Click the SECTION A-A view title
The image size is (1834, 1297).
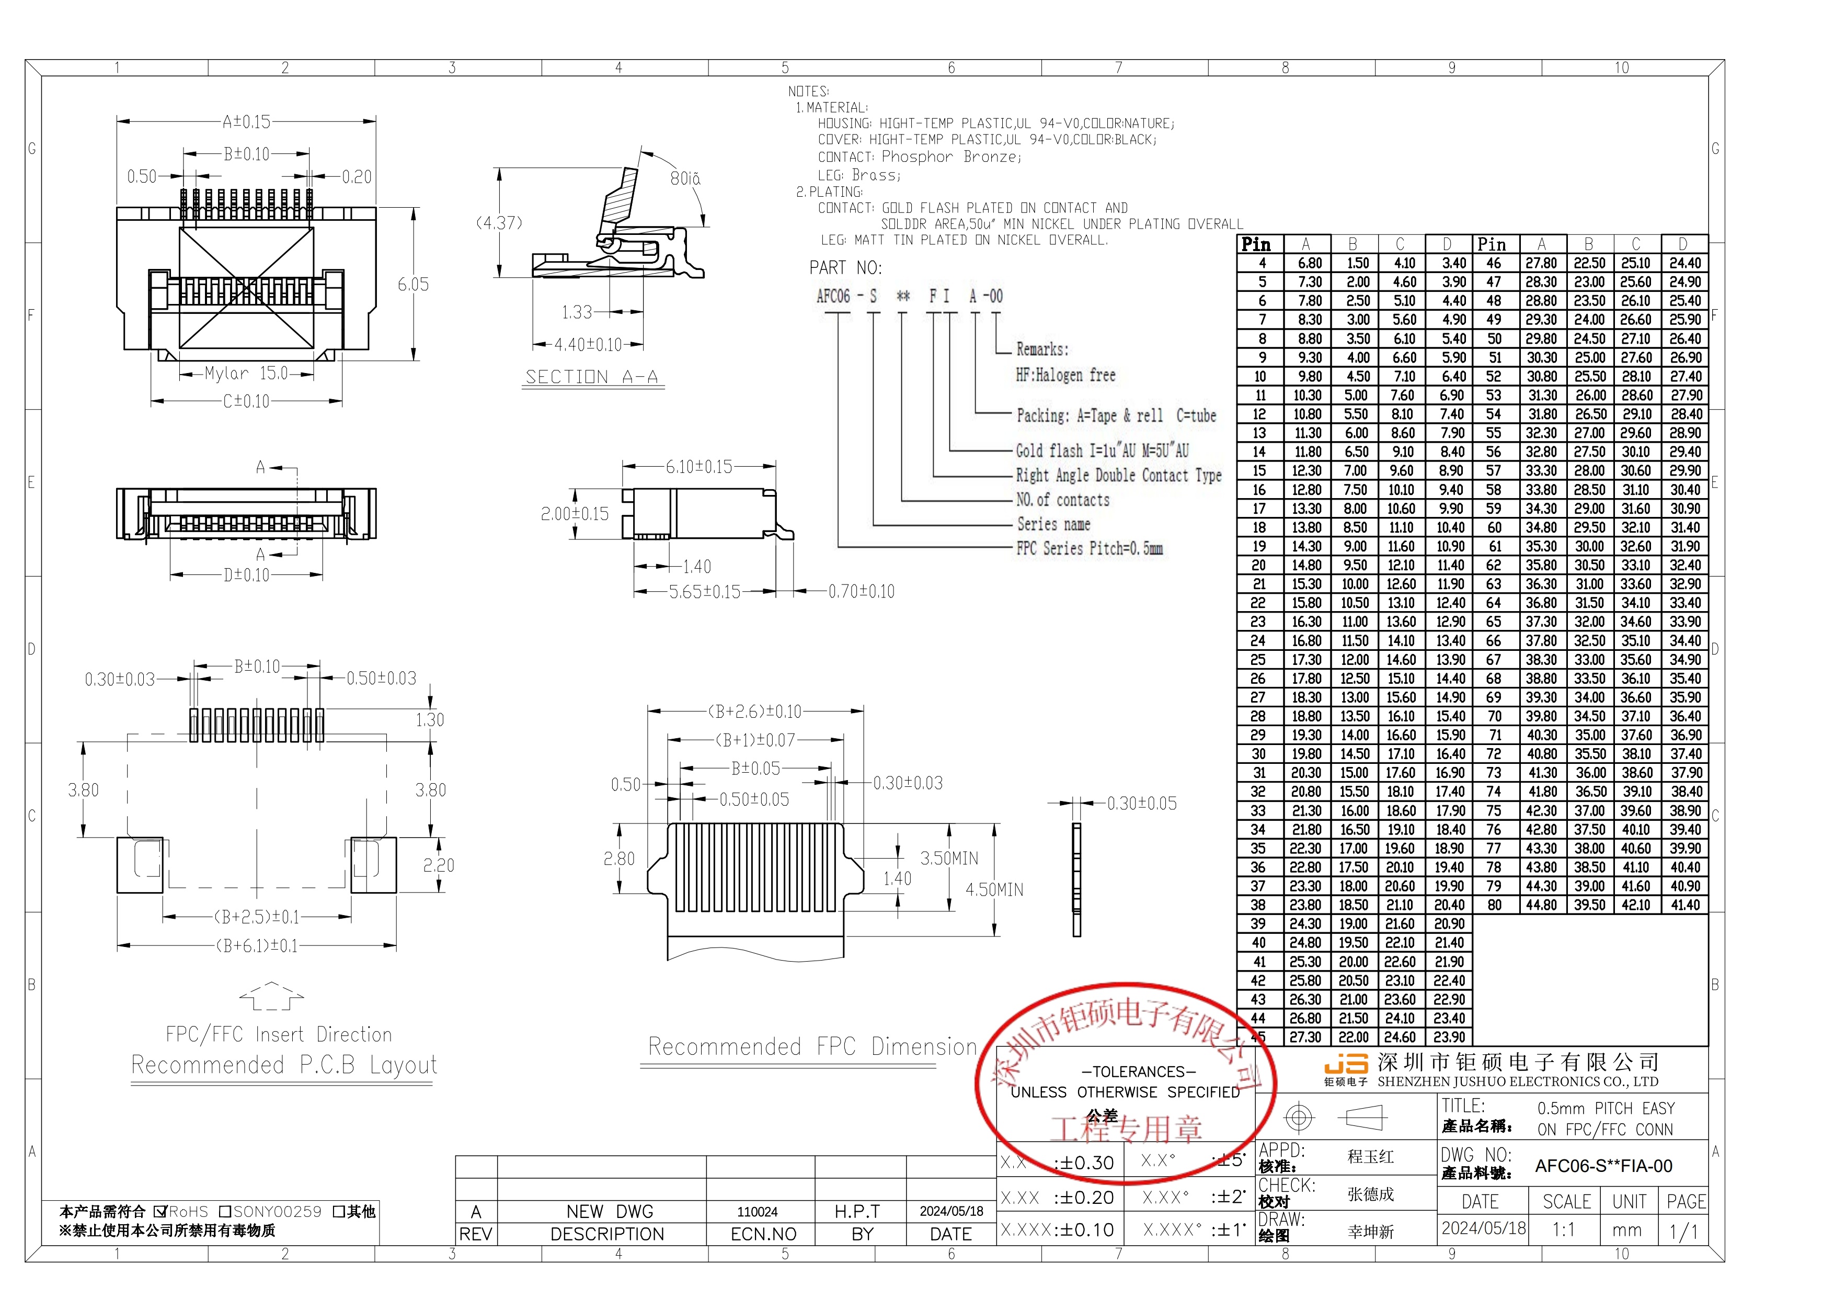click(592, 377)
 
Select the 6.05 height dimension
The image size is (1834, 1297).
click(413, 285)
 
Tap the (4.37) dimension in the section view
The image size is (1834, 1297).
click(499, 223)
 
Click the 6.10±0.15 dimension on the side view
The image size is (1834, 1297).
click(699, 467)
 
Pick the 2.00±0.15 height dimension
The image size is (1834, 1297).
click(575, 514)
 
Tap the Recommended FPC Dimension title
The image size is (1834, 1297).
click(811, 1047)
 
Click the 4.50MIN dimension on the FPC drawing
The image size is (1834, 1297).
click(994, 889)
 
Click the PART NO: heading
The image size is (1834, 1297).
click(845, 268)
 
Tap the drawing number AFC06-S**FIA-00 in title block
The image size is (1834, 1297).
click(1603, 1166)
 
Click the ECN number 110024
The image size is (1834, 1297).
click(757, 1212)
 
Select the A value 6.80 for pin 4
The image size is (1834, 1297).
click(1309, 263)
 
